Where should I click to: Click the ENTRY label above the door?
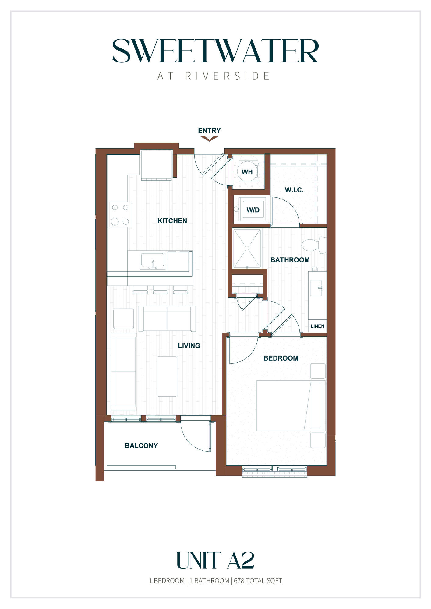(209, 131)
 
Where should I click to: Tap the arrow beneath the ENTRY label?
(209, 139)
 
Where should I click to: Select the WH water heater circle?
(247, 172)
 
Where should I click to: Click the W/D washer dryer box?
(253, 210)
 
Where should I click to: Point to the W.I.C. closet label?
(294, 190)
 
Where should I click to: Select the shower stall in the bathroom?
(247, 248)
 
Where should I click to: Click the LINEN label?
(317, 326)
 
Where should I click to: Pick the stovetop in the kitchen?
(120, 214)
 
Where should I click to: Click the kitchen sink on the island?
(153, 261)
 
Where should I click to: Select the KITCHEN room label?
(172, 221)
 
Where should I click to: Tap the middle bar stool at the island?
(160, 290)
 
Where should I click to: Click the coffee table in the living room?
(167, 376)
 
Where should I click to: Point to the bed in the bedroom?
(291, 405)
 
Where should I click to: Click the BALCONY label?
(141, 446)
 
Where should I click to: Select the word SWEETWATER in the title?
(215, 51)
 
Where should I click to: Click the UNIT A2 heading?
(215, 561)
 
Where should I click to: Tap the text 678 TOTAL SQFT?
(258, 581)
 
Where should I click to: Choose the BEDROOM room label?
(281, 358)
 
